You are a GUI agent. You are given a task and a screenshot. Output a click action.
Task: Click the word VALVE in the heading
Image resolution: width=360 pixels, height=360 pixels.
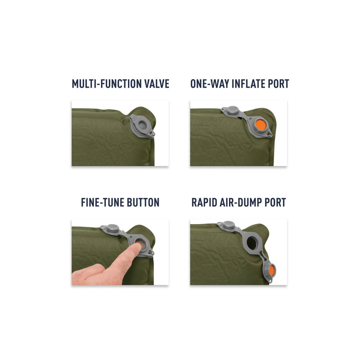coord(157,84)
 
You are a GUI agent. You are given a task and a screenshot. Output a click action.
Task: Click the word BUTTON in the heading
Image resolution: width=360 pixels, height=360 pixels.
coord(143,202)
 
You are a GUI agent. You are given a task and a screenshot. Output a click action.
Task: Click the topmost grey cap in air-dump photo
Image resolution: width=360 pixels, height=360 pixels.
coord(228,225)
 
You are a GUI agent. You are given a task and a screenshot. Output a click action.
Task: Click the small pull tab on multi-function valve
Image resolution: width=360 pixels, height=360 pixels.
coord(152,135)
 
